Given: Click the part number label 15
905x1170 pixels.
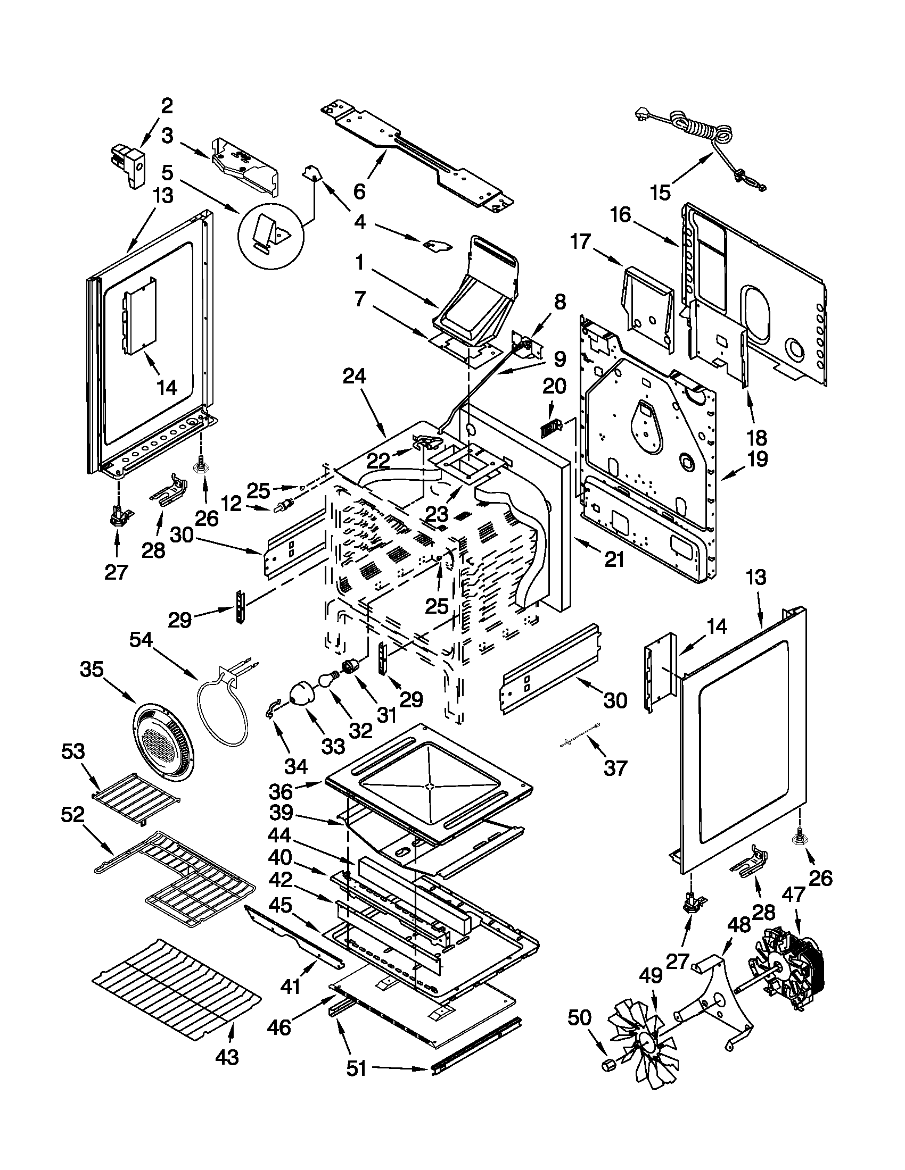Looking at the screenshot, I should tap(661, 192).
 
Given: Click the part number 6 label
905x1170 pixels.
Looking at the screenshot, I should tap(359, 191).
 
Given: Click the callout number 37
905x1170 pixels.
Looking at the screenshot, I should tap(615, 767).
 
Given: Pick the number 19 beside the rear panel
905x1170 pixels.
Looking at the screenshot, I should tap(757, 459).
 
